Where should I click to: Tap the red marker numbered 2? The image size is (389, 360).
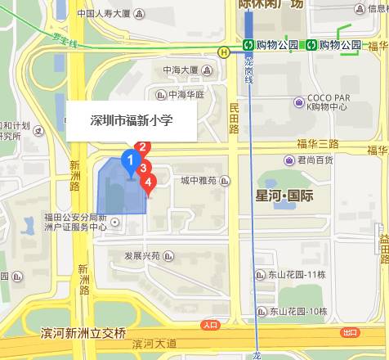pos(142,148)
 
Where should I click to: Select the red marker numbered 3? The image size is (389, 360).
pos(144,169)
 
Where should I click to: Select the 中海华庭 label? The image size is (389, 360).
pos(186,94)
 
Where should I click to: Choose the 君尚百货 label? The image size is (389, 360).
pos(315,160)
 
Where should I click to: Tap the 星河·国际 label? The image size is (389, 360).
pos(284,196)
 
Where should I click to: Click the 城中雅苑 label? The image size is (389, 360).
pos(199,181)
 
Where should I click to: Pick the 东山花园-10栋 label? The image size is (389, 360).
pos(297,311)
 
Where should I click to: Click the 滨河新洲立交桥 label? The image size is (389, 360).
pos(84,333)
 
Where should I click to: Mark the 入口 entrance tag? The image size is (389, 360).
pos(210,325)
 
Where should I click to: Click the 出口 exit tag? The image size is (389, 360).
pos(351,332)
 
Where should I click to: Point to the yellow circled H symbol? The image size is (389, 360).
pos(223,51)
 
